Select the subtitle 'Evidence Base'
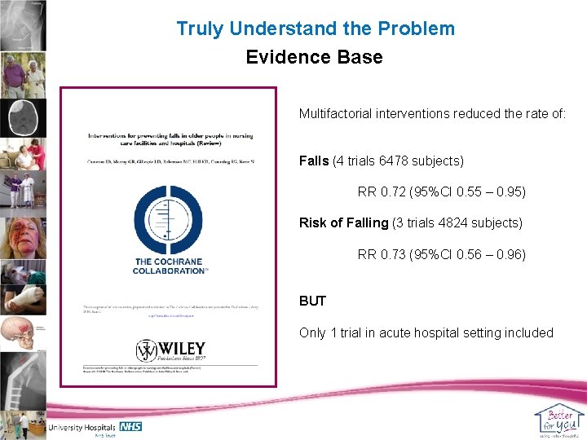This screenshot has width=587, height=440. (314, 58)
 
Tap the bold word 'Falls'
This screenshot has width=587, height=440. (315, 161)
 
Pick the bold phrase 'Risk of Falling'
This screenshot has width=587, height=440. (344, 223)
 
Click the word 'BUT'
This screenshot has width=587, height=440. (312, 301)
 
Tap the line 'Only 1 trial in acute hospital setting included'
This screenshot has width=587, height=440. (426, 332)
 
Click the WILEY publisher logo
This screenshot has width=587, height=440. (171, 351)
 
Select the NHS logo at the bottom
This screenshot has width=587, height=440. (130, 425)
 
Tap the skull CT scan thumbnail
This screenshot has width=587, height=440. (23, 118)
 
